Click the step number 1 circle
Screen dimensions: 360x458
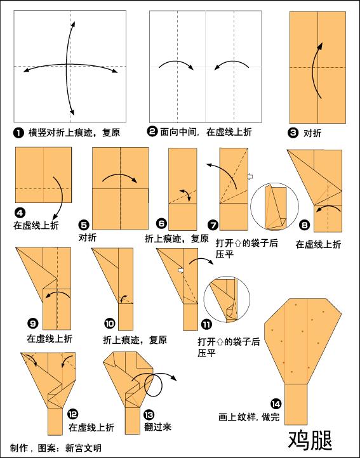(18, 133)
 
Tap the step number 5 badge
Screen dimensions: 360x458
(84, 225)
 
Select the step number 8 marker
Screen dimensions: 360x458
(304, 225)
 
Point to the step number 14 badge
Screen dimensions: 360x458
(276, 404)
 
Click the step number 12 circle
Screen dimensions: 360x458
(72, 414)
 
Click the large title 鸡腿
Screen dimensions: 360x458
(310, 440)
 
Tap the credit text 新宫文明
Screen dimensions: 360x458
(83, 448)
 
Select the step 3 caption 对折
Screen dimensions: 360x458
(312, 133)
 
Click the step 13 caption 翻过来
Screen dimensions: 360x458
(158, 427)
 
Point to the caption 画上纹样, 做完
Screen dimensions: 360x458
(249, 417)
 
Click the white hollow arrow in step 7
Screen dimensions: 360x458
(250, 176)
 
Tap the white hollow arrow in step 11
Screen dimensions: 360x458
(181, 270)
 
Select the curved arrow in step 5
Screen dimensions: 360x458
(120, 174)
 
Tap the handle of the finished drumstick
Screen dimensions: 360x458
(296, 404)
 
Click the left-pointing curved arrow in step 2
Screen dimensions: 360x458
(231, 62)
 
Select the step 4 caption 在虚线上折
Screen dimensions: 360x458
(36, 225)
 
